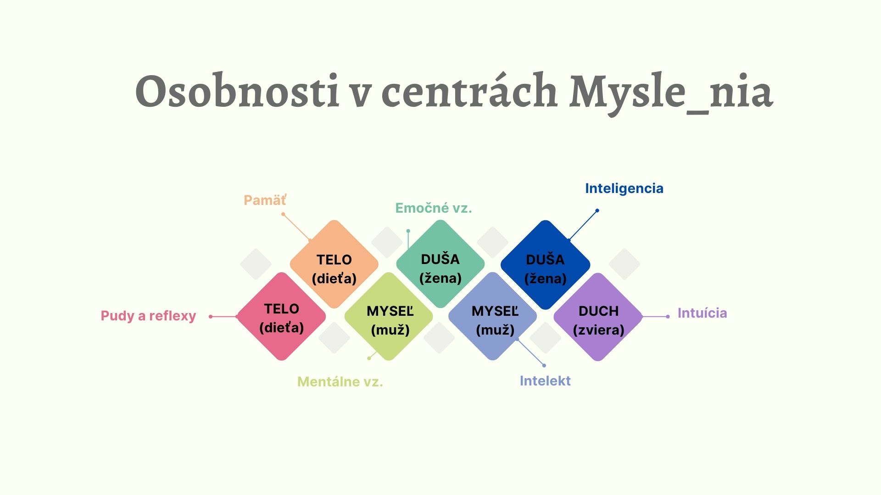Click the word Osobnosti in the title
coord(237,92)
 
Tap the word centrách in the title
coord(469,92)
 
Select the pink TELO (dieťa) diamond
coord(281,317)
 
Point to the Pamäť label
coord(265,200)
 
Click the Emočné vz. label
coord(434,208)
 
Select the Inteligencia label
coord(624,188)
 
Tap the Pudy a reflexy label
coord(148,316)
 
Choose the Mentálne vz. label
coord(340,382)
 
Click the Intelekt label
coord(545,381)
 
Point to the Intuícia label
coord(702,313)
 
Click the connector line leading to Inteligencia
coord(583,225)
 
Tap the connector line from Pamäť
coord(296,227)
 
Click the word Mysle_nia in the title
coord(671,92)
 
